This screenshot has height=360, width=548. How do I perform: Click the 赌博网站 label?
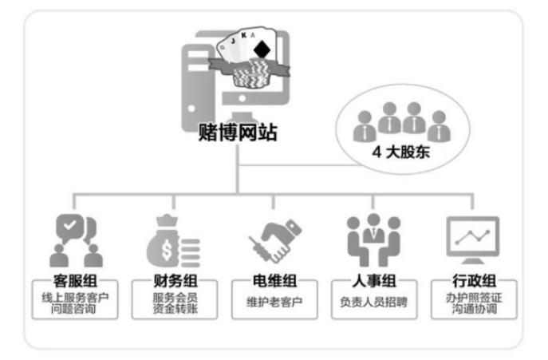point(238,132)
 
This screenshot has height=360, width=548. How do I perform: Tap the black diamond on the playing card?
point(260,49)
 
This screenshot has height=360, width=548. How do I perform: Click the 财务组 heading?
point(174,282)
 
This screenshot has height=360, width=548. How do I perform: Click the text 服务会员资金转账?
point(174,304)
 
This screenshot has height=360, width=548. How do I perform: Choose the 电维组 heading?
point(271,282)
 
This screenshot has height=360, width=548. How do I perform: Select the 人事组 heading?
point(370,282)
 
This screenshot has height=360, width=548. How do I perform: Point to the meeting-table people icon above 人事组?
point(370,240)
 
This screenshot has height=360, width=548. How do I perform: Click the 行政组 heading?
point(472,282)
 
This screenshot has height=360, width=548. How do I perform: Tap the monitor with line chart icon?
point(472,238)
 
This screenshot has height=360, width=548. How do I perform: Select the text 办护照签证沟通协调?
point(472,304)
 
